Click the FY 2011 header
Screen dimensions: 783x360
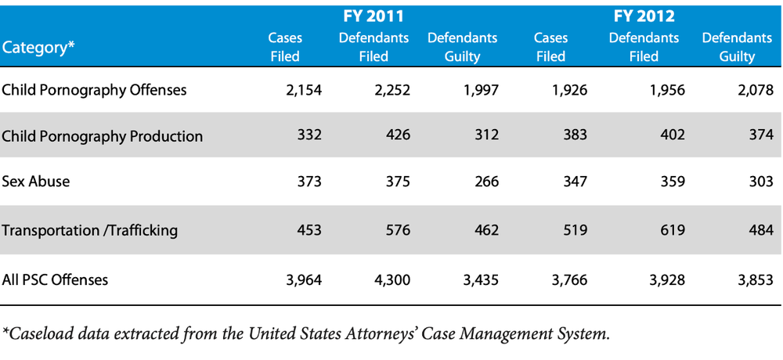click(x=373, y=17)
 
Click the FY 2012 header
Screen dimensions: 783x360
click(x=644, y=17)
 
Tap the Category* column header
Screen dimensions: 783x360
click(x=38, y=48)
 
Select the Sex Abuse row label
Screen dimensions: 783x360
click(x=36, y=181)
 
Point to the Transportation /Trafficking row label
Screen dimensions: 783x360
click(x=90, y=231)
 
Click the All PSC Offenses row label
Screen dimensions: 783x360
click(x=55, y=279)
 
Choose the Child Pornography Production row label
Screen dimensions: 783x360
click(x=103, y=136)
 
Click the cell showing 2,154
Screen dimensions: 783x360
click(x=304, y=90)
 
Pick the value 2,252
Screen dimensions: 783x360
click(x=392, y=90)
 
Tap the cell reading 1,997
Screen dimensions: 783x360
click(x=481, y=90)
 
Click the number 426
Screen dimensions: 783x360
click(x=398, y=136)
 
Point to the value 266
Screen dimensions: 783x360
click(x=486, y=181)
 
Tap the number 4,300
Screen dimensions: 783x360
click(x=392, y=279)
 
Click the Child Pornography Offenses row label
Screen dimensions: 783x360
click(x=95, y=90)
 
